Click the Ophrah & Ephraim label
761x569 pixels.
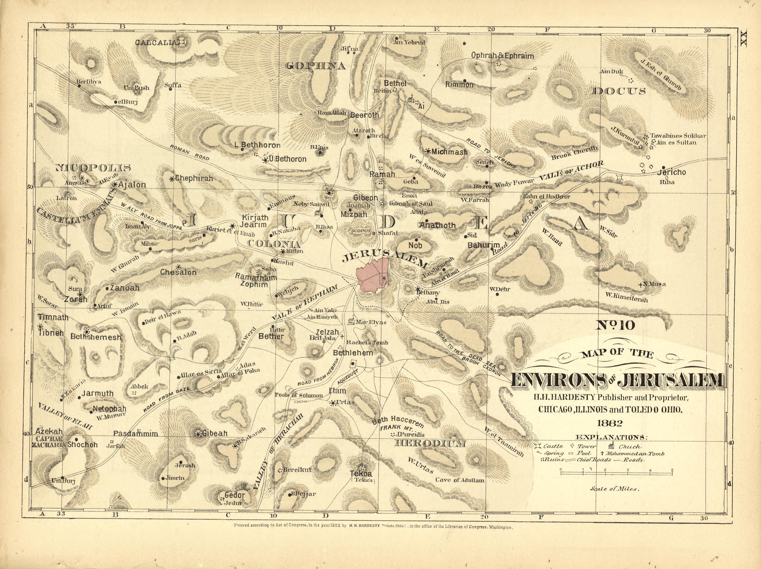pos(502,56)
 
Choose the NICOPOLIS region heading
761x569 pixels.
pos(93,168)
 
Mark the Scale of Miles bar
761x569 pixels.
pos(617,474)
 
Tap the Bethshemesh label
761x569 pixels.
pos(96,337)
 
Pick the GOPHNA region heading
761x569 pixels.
pos(315,66)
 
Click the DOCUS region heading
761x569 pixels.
pos(619,91)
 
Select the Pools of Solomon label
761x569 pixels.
pos(299,395)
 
